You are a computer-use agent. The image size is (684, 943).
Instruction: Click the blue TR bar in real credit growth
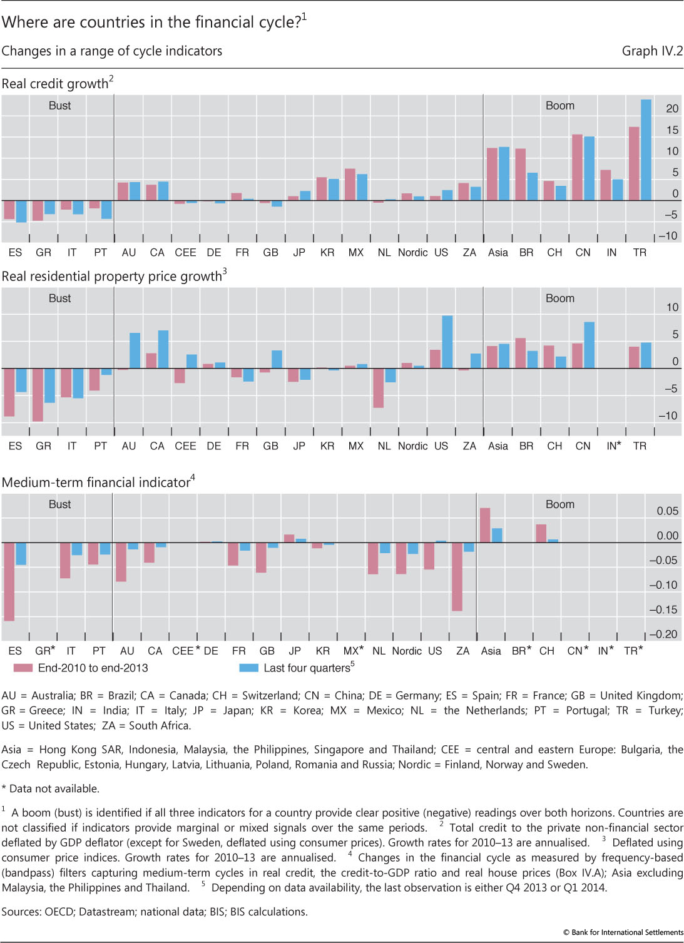646,150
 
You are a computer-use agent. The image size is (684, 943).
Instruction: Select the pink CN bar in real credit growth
577,168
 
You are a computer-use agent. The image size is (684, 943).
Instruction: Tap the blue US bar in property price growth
447,342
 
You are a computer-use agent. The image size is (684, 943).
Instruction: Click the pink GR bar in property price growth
38,394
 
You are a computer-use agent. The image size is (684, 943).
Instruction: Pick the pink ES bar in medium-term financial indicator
9,581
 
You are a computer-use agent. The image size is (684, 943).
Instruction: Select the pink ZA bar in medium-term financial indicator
457,576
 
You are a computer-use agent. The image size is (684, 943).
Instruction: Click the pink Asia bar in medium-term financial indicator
485,525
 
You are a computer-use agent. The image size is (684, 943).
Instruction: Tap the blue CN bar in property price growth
589,345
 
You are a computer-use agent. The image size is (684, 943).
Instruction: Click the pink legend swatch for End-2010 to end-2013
23,668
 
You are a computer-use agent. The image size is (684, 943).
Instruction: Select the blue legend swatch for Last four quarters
248,668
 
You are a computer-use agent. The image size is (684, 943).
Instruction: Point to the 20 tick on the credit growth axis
672,109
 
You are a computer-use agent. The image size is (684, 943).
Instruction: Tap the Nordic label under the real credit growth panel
412,253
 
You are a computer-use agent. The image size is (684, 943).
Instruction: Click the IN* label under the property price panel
613,446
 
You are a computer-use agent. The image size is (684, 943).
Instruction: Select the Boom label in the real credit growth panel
559,106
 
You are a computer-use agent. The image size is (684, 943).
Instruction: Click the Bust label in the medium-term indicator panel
59,504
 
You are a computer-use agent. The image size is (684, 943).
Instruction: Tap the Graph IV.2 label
652,51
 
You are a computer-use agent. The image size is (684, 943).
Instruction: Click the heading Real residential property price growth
113,277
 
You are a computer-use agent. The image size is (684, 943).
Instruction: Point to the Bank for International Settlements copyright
623,932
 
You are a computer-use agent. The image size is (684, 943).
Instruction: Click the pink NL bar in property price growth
378,388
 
